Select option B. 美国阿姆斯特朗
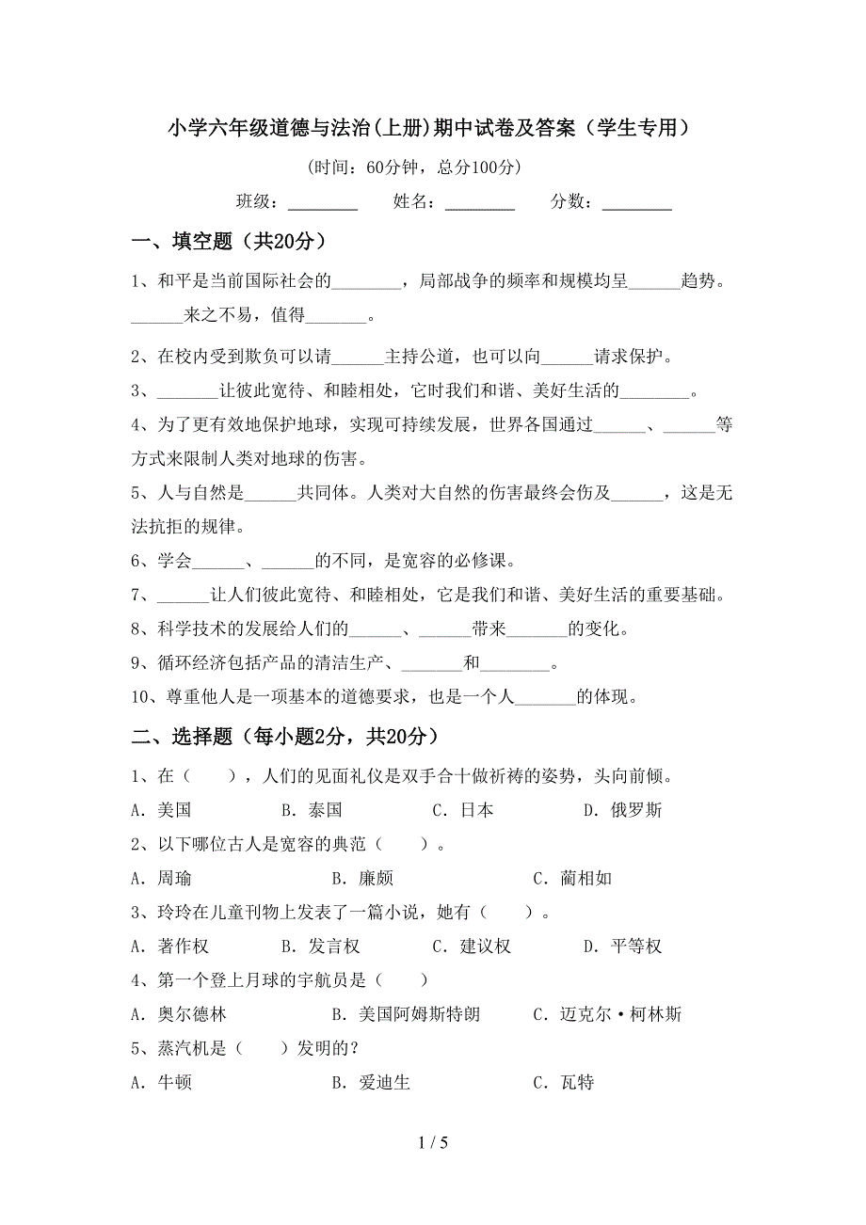[x=406, y=1014]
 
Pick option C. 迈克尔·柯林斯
[x=607, y=1014]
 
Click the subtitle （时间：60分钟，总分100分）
[x=414, y=167]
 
